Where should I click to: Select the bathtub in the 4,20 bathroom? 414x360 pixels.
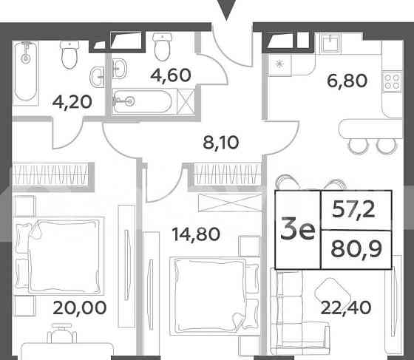tap(27, 72)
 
